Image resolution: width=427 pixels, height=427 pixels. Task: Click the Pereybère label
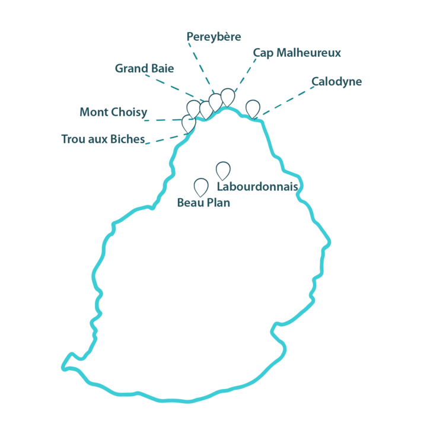[x=213, y=37]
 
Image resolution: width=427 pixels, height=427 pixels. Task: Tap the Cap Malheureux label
[x=297, y=53]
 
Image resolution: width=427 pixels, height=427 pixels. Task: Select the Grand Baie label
[x=144, y=68]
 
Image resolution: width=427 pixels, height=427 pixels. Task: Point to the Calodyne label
[x=337, y=82]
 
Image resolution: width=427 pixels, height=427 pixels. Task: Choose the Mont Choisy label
[x=113, y=112]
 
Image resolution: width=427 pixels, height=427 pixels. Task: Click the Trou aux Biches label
[x=103, y=139]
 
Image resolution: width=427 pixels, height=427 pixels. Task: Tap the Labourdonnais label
[x=257, y=187]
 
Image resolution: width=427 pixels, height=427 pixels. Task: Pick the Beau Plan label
[x=203, y=203]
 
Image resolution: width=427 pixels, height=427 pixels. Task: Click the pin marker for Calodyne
[x=253, y=109]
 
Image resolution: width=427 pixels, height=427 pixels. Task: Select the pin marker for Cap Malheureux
[x=228, y=97]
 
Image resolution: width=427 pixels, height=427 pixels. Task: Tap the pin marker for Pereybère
[x=216, y=103]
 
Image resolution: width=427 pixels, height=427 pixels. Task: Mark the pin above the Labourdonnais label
[x=224, y=171]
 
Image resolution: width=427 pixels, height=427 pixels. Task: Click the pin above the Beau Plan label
[x=201, y=187]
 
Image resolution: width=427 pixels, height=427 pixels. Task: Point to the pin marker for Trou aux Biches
[x=189, y=124]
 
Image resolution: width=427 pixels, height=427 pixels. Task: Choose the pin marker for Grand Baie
[x=206, y=110]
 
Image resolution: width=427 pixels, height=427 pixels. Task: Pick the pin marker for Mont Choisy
[x=193, y=110]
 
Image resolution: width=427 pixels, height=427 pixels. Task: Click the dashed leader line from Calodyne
[x=287, y=101]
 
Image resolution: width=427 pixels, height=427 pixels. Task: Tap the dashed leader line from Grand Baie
[x=174, y=88]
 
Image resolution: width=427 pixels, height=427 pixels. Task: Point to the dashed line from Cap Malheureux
[x=246, y=75]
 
